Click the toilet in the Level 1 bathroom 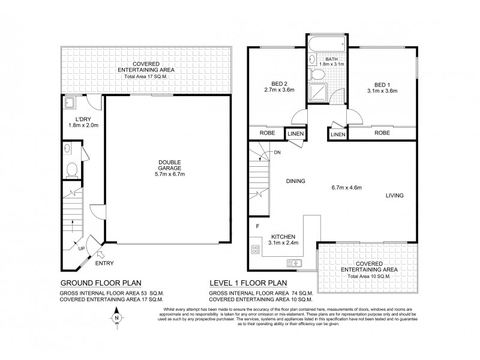click(320, 74)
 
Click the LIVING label click(394, 196)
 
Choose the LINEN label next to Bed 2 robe click(296, 134)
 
